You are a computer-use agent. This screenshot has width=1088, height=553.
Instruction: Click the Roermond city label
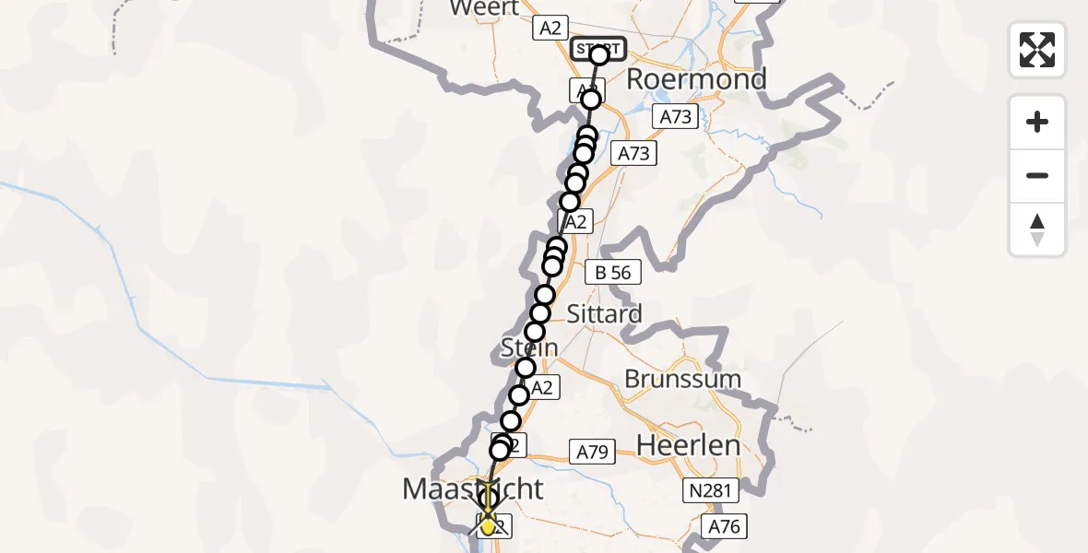(696, 79)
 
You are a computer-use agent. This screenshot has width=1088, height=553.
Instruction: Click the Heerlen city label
(687, 445)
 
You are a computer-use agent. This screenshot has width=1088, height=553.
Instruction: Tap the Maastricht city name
(473, 488)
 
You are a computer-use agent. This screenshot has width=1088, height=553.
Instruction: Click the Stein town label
(530, 347)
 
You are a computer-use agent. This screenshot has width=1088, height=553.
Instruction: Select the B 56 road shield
(613, 272)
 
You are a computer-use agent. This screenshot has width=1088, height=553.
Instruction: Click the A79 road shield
(593, 453)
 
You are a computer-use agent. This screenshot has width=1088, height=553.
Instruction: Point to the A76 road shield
(723, 527)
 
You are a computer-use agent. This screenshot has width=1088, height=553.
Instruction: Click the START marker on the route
(598, 49)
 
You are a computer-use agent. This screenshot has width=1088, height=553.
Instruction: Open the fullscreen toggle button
(1037, 50)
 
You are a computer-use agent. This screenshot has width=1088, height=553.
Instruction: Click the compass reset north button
(1037, 229)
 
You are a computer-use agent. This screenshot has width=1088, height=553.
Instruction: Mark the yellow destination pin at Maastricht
(488, 525)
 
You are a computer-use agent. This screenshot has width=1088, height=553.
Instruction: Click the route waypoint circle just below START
(591, 100)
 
